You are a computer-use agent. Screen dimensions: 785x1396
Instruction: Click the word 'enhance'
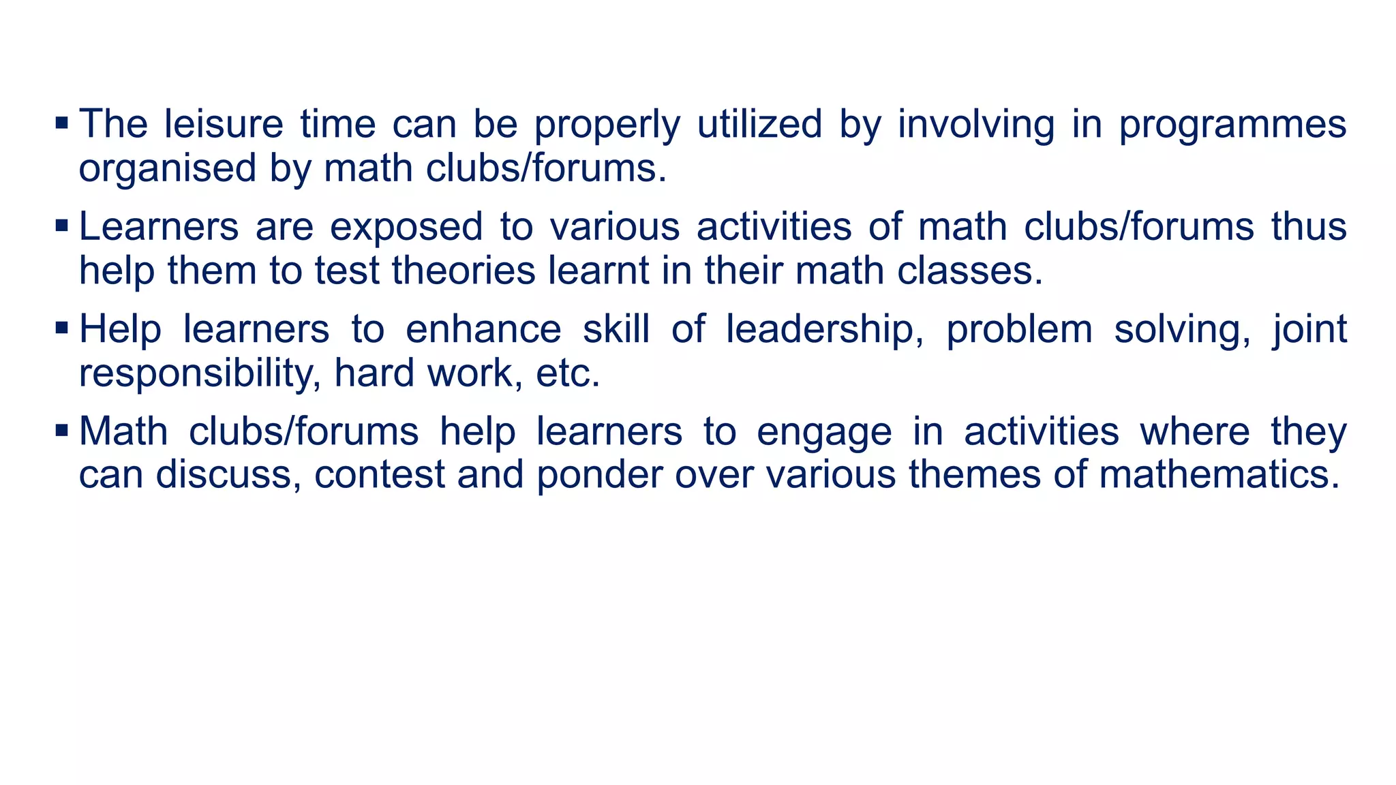pyautogui.click(x=483, y=330)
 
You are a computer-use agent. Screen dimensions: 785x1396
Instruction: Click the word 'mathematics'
pyautogui.click(x=1219, y=475)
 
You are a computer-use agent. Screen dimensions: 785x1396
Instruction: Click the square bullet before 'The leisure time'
pyautogui.click(x=61, y=123)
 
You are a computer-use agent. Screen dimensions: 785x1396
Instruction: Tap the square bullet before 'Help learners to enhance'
pyautogui.click(x=61, y=328)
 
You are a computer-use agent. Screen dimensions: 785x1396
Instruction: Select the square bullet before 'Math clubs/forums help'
pyautogui.click(x=61, y=431)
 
